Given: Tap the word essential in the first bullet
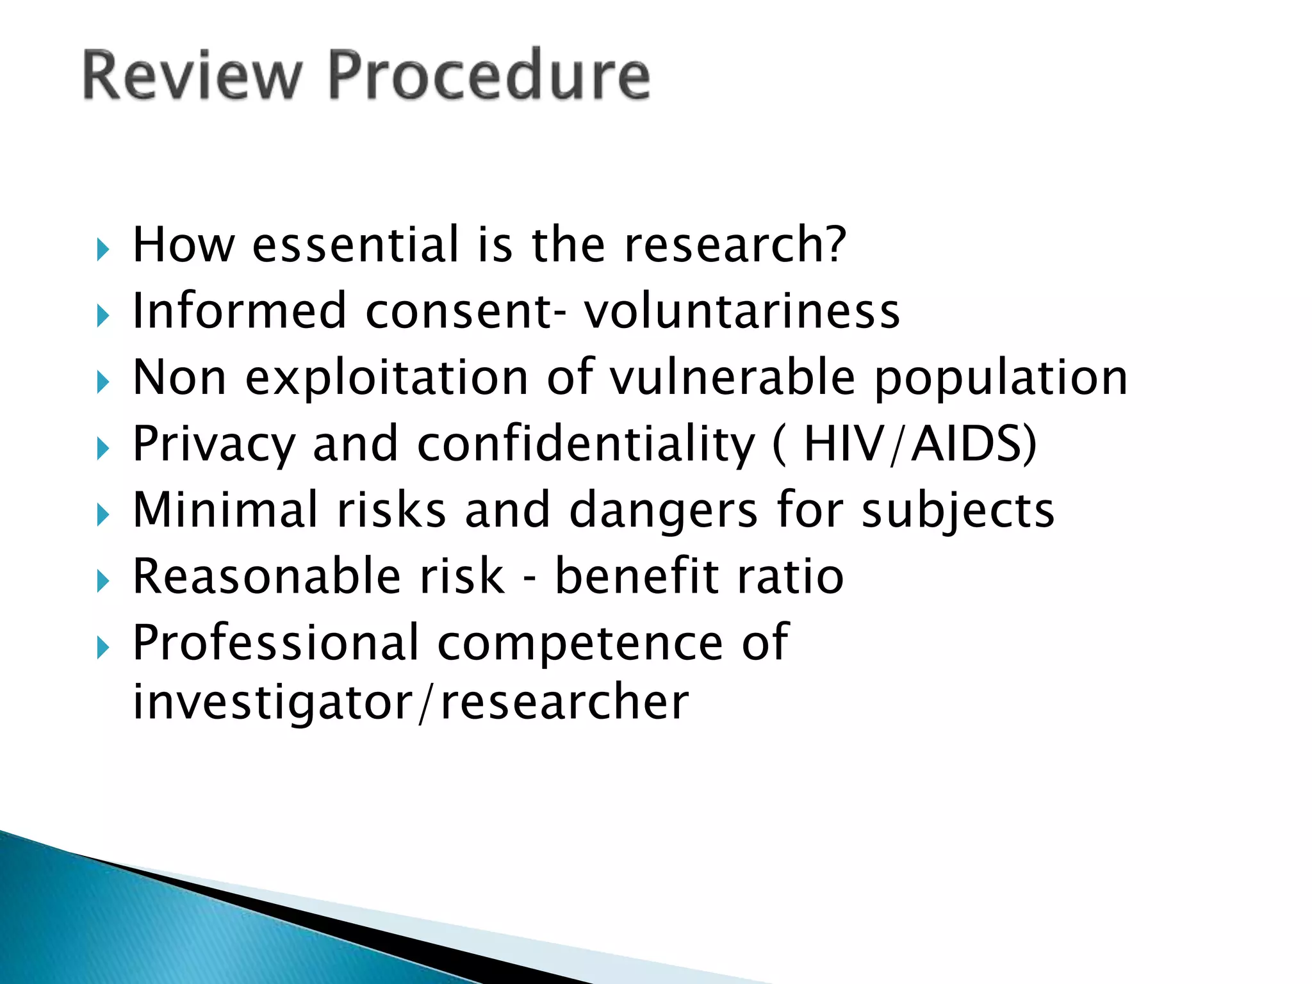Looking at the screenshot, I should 356,245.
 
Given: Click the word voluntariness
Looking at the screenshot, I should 741,311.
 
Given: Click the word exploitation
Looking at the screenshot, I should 387,379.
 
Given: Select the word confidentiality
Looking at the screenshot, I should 586,445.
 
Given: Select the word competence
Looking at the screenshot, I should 580,644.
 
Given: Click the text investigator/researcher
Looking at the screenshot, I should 410,703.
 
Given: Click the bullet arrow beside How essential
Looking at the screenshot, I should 103,249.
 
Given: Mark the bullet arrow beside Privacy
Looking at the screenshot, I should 103,448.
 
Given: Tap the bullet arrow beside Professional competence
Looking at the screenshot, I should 103,648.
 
